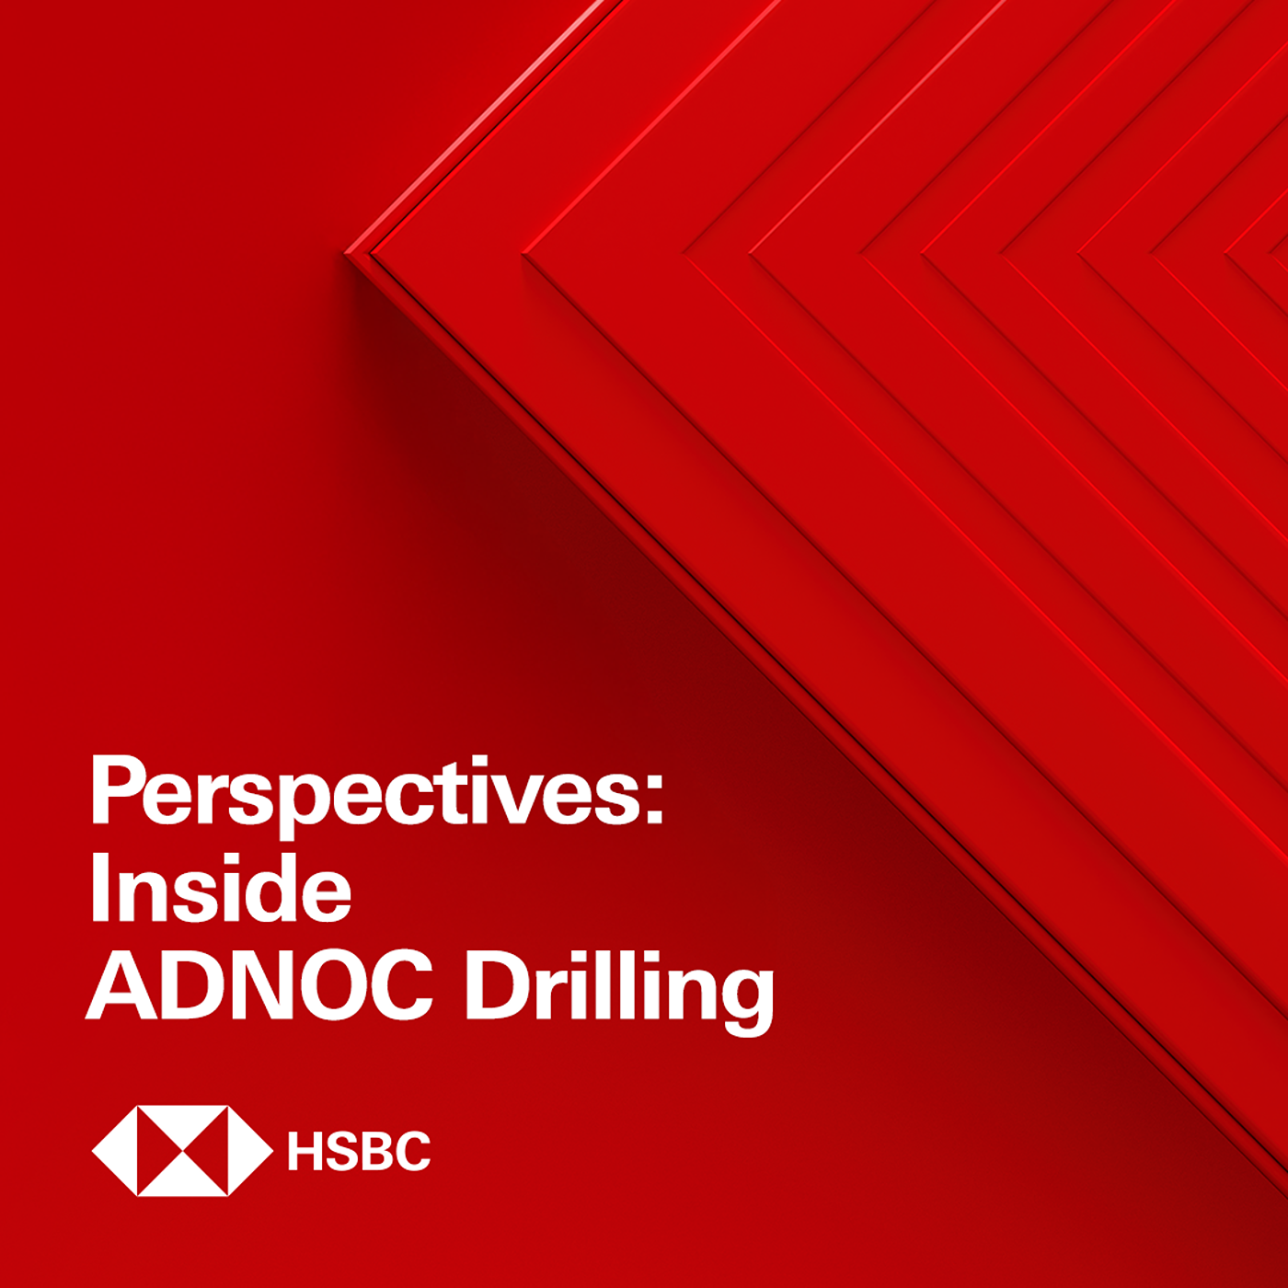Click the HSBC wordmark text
(x=359, y=1150)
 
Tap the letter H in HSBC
(x=305, y=1150)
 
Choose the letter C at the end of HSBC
(x=413, y=1150)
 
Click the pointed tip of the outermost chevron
(x=346, y=254)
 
